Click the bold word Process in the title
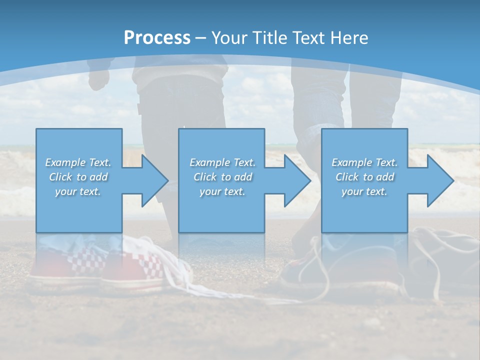coord(157,38)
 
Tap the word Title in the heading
coord(267,38)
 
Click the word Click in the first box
coord(60,177)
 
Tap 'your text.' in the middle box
coord(222,191)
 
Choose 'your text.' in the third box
coord(364,191)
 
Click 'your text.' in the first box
coord(78,191)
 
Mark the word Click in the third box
coord(347,177)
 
